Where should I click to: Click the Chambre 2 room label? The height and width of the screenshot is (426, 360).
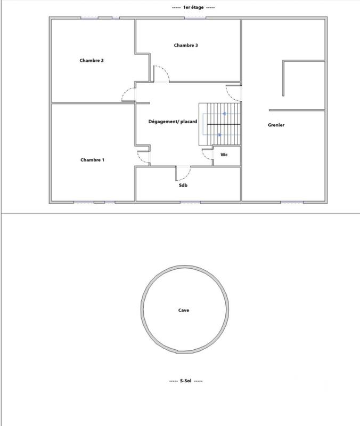pyautogui.click(x=92, y=61)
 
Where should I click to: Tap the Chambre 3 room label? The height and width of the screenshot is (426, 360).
pyautogui.click(x=186, y=45)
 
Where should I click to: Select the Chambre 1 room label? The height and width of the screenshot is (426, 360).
pyautogui.click(x=92, y=160)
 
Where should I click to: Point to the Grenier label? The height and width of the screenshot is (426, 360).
pyautogui.click(x=276, y=125)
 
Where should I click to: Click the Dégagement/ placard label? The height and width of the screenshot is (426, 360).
pyautogui.click(x=173, y=122)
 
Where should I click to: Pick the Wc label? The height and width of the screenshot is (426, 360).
pyautogui.click(x=224, y=155)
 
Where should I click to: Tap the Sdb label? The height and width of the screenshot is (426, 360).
pyautogui.click(x=183, y=186)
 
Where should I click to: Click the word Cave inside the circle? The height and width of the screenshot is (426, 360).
pyautogui.click(x=184, y=310)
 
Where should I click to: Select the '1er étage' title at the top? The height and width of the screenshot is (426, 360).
pyautogui.click(x=186, y=7)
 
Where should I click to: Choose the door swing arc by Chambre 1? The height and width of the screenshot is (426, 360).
pyautogui.click(x=143, y=157)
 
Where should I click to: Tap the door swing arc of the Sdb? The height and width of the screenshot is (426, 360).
pyautogui.click(x=184, y=173)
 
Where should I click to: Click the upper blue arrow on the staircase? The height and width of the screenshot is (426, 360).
pyautogui.click(x=224, y=114)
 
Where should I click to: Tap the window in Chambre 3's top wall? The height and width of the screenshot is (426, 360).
pyautogui.click(x=195, y=19)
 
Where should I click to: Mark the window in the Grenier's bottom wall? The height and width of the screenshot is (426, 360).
pyautogui.click(x=292, y=202)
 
